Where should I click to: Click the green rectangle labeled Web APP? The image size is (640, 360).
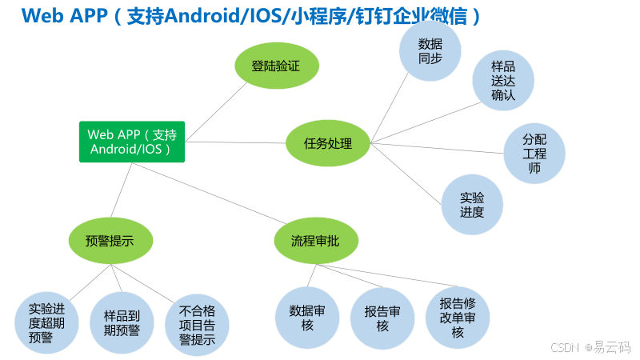(x=132, y=142)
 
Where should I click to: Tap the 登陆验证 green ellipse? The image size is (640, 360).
(x=275, y=66)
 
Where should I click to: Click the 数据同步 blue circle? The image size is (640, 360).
(x=430, y=50)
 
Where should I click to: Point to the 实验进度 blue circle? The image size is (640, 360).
(x=472, y=205)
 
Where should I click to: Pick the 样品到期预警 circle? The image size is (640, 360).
(x=122, y=322)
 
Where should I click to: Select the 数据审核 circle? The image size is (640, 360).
(x=306, y=318)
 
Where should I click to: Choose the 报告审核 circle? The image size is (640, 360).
(x=382, y=318)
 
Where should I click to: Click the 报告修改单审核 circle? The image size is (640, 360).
(x=458, y=317)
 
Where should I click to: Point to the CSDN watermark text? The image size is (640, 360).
(x=566, y=346)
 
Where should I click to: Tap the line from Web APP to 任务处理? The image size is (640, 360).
(x=236, y=142)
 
